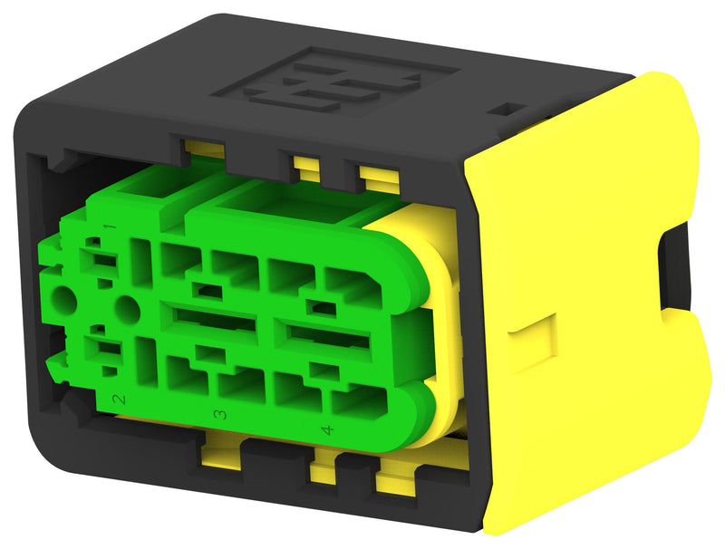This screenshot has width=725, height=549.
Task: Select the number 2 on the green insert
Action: (117, 398)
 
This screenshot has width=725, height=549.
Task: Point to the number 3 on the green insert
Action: (218, 414)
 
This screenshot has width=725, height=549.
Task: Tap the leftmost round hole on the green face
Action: (63, 298)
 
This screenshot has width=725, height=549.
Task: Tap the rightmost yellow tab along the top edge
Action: (372, 170)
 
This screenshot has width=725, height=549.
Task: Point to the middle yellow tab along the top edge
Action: (306, 163)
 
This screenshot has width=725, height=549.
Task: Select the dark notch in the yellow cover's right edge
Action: (675, 272)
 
